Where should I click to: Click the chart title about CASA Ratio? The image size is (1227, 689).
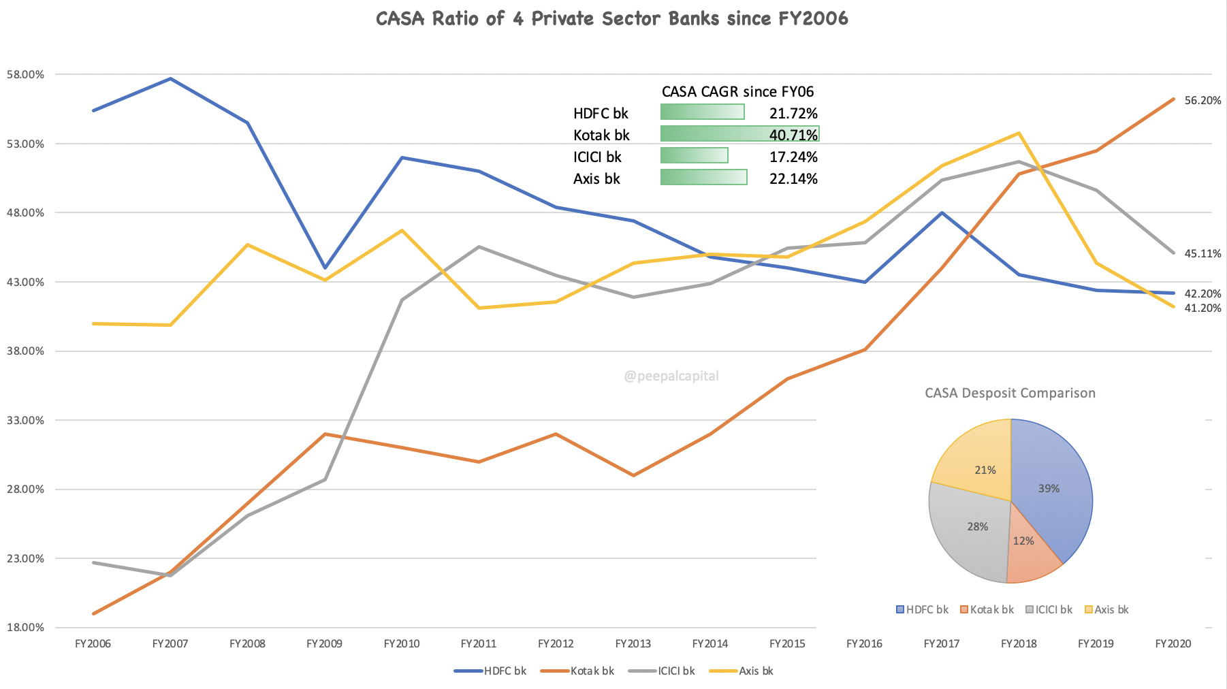pos(611,18)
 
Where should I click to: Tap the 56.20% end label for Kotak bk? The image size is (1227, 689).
pos(1202,101)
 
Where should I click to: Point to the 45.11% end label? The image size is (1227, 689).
pos(1202,254)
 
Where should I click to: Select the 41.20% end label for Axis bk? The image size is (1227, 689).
pos(1202,308)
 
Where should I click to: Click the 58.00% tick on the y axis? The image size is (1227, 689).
pos(25,75)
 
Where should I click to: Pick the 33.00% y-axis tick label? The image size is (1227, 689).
pos(25,421)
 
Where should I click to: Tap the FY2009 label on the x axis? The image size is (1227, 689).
pos(324,644)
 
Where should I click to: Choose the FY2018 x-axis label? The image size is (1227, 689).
pos(1019,644)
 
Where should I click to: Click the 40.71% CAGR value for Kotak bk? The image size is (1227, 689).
pos(793,135)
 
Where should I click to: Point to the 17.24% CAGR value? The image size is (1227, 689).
pos(793,157)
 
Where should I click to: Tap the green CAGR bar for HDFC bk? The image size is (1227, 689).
pos(702,112)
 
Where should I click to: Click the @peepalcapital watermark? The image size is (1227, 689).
pos(671,376)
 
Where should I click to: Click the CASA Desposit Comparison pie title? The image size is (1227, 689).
pos(1010,394)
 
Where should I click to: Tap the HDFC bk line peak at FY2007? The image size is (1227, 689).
pos(170,79)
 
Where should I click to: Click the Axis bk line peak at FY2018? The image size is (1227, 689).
pos(1019,133)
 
